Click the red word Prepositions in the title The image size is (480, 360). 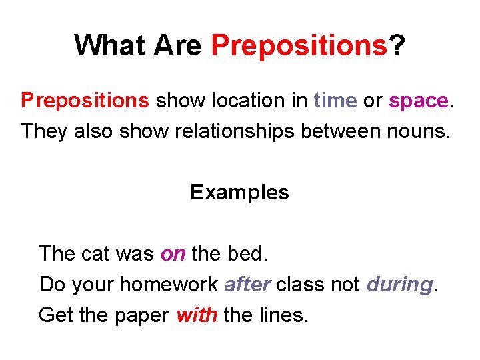pos(299,45)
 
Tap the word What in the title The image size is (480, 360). pos(111,45)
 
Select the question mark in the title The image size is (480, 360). pos(397,45)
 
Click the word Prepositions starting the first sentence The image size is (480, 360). pos(85,101)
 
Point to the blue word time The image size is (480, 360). pos(335,101)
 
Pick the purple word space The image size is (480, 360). pos(419,101)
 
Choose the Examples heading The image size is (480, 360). pos(239,193)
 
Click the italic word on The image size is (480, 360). pos(173,254)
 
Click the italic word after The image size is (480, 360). pos(247,285)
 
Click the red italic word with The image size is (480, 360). pos(197,315)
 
